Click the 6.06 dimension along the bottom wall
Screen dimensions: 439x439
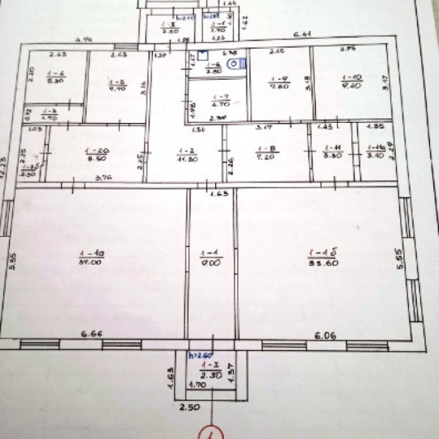324,335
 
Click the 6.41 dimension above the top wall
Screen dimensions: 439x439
301,34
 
